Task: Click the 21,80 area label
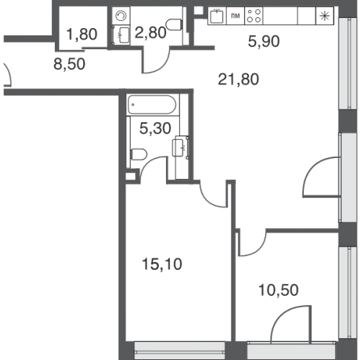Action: pos(238,79)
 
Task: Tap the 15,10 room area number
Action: pos(162,264)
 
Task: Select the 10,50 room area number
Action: pos(278,290)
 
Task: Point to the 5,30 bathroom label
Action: pos(155,128)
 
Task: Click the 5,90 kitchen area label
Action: pos(264,41)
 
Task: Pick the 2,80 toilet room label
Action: pos(150,32)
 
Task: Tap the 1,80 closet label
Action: pos(82,34)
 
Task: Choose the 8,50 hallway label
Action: pos(69,64)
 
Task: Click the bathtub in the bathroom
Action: pos(152,105)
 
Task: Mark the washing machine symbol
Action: pos(121,16)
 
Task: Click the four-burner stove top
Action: pos(254,16)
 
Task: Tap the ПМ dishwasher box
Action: pos(235,16)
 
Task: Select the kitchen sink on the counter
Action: pos(217,16)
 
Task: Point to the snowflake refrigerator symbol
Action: pos(324,16)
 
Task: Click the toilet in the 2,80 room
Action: pos(174,25)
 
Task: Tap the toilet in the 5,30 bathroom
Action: pos(139,154)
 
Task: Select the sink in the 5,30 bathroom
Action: pos(180,147)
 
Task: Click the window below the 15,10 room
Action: pos(180,351)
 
